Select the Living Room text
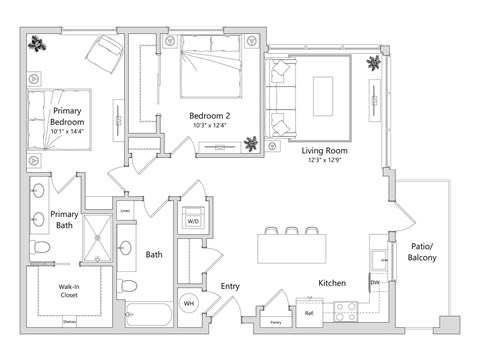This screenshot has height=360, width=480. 325,151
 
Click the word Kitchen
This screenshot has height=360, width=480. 332,284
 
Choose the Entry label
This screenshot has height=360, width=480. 230,287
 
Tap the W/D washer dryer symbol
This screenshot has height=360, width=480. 193,220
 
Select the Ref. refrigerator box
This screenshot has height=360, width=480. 309,313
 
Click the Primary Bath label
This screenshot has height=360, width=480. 66,220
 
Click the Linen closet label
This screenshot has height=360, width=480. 126,211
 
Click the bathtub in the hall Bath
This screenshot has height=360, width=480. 149,318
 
